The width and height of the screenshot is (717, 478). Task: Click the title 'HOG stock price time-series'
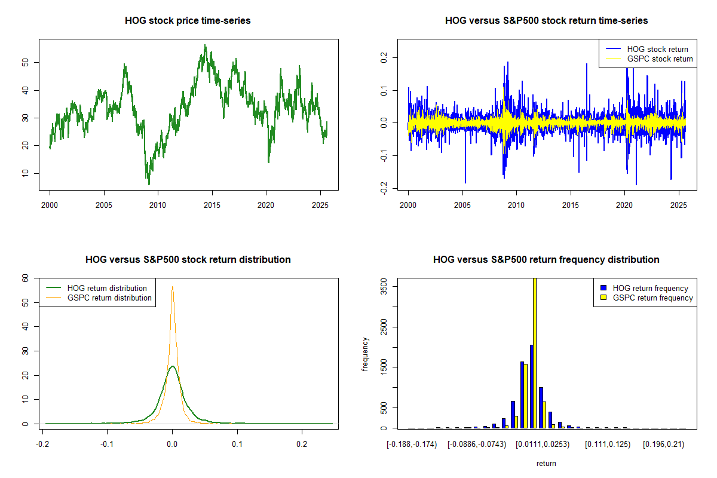188,21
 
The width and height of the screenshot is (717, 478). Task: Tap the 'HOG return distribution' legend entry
107,288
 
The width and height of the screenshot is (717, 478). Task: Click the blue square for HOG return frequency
603,288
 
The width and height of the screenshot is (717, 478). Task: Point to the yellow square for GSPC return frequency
603,298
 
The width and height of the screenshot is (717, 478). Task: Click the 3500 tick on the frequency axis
383,287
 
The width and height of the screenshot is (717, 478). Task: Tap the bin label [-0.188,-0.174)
412,444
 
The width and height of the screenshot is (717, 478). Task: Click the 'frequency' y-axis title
365,354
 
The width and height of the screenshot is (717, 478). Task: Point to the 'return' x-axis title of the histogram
546,463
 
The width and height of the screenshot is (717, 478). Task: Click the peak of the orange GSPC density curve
173,287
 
